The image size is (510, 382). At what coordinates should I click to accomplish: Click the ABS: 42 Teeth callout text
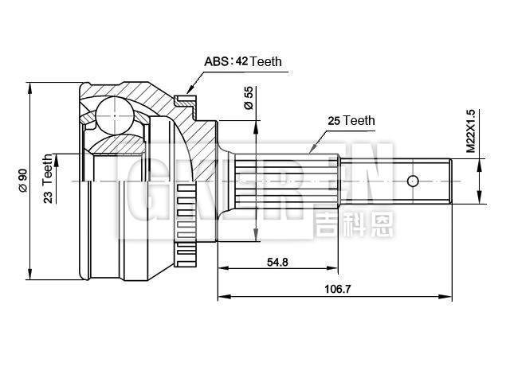click(x=243, y=61)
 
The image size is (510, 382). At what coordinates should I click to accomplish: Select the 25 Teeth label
click(x=351, y=121)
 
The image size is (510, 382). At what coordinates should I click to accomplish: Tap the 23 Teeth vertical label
click(x=49, y=179)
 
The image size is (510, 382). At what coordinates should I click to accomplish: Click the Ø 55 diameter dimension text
click(x=248, y=97)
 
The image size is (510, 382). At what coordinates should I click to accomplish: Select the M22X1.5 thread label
click(x=470, y=131)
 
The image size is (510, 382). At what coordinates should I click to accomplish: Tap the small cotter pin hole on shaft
click(x=412, y=181)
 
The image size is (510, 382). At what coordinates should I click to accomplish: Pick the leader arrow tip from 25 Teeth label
click(x=312, y=153)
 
